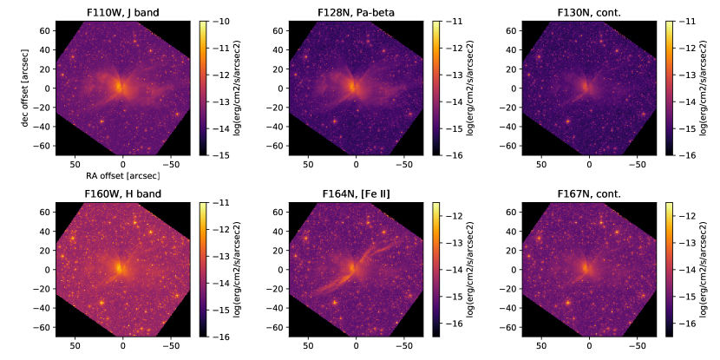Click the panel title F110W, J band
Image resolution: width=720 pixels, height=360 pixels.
tap(121, 11)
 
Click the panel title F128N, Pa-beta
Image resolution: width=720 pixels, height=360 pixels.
tap(355, 11)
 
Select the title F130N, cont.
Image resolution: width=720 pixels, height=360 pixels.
tap(587, 11)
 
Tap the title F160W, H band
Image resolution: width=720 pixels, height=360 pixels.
tap(121, 193)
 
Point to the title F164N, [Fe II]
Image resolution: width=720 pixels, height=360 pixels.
tap(355, 193)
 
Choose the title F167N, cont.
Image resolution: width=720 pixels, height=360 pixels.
tap(587, 193)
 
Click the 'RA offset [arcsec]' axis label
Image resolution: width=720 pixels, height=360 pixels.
tap(121, 176)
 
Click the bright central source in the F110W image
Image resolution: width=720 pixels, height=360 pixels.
tap(121, 88)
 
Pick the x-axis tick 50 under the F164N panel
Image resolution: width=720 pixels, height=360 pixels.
tap(307, 344)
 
